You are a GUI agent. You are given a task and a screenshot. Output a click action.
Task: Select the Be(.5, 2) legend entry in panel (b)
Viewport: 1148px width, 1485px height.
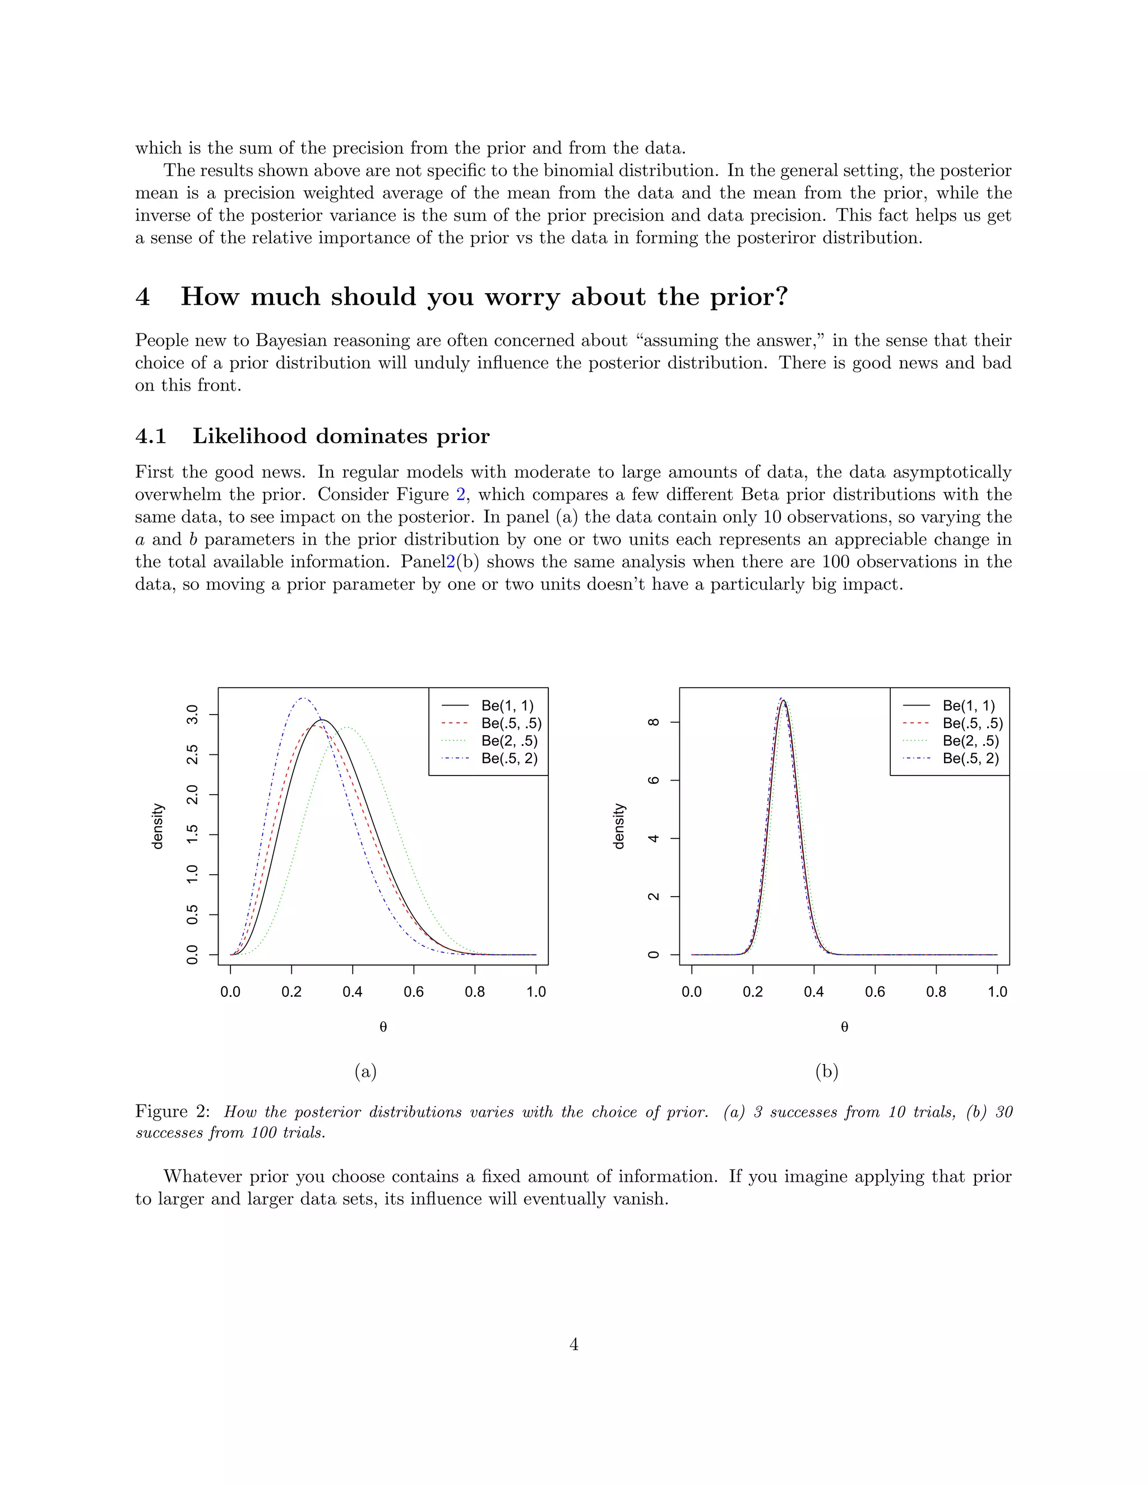point(970,758)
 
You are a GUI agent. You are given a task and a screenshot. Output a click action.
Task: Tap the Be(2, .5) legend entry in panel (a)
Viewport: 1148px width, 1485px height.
point(509,740)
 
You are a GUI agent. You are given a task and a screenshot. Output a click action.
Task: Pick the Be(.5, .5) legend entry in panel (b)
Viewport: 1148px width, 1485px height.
point(972,723)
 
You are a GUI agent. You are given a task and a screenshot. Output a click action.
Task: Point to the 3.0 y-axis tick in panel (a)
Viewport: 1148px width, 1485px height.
point(192,714)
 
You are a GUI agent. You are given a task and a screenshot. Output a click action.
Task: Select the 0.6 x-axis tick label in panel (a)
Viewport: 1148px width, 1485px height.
point(414,992)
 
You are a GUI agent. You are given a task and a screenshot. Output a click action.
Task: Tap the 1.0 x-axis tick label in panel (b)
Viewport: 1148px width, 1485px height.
point(997,992)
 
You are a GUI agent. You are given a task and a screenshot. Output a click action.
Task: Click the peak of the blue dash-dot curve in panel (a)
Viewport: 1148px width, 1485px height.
point(303,698)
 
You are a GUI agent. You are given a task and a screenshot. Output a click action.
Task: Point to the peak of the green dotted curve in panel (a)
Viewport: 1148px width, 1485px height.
point(348,727)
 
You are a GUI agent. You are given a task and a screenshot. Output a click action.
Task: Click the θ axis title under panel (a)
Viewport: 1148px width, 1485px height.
point(383,1027)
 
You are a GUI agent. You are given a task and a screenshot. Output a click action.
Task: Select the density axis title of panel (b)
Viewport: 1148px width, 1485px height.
point(618,826)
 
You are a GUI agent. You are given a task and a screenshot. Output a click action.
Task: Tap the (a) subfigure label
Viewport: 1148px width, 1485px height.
point(365,1071)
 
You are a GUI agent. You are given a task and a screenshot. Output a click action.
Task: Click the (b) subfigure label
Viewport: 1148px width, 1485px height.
point(826,1071)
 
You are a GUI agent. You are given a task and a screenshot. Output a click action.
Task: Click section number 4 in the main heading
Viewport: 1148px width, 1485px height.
point(143,297)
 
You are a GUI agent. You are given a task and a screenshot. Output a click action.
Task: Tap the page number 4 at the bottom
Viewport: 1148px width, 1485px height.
point(573,1344)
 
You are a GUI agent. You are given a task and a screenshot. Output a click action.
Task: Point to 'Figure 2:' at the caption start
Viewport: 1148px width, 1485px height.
point(173,1112)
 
